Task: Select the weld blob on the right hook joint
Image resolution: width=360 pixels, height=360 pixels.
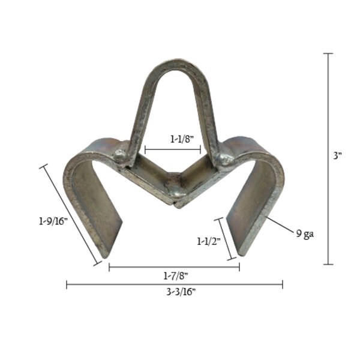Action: click(226, 160)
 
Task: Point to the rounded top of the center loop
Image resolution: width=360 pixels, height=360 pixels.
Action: click(173, 65)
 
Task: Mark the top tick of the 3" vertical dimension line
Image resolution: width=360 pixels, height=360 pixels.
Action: click(328, 54)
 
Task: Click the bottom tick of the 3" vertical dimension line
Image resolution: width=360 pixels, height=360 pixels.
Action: click(328, 264)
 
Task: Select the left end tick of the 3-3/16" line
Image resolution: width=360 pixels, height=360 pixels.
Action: click(67, 284)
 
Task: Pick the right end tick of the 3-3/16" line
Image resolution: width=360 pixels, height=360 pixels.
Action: click(282, 284)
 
